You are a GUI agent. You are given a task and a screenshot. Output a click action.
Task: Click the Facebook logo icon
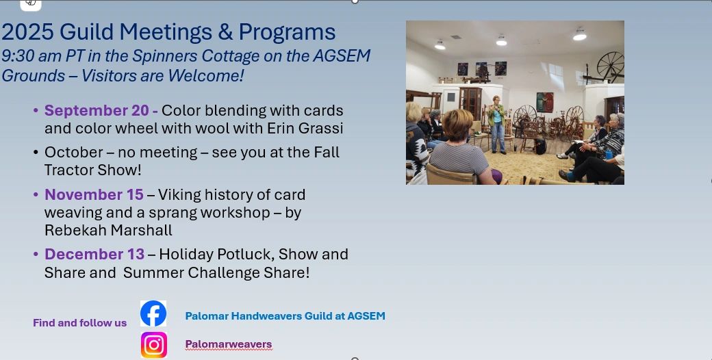pos(153,313)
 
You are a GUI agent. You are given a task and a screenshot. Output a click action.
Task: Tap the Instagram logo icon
pos(154,345)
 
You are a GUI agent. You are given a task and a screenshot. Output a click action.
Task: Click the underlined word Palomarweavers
pos(229,344)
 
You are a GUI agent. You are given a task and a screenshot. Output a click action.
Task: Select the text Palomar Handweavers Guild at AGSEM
pos(285,316)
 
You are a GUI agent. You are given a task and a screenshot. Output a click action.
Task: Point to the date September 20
pos(97,110)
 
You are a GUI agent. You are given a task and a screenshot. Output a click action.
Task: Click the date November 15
pos(94,195)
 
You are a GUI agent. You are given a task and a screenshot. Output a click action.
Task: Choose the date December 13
pos(94,254)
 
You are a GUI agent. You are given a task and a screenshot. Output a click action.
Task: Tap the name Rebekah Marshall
pos(109,231)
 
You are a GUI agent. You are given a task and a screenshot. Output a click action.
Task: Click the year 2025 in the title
pos(27,31)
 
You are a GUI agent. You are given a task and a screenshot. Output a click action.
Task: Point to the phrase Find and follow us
pos(80,323)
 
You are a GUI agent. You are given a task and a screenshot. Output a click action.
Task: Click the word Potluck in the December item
pos(246,254)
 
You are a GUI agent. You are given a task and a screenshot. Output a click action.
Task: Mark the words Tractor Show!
pos(93,170)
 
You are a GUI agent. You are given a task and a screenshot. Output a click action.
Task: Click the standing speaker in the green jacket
pos(497,124)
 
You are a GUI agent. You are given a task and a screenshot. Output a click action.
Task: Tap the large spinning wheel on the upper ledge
pos(610,67)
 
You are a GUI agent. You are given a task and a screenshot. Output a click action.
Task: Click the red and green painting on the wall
pos(545,102)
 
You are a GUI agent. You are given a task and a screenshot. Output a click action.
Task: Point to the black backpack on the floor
pos(540,146)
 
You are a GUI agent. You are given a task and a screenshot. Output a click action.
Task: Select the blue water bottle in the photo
pos(609,154)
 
